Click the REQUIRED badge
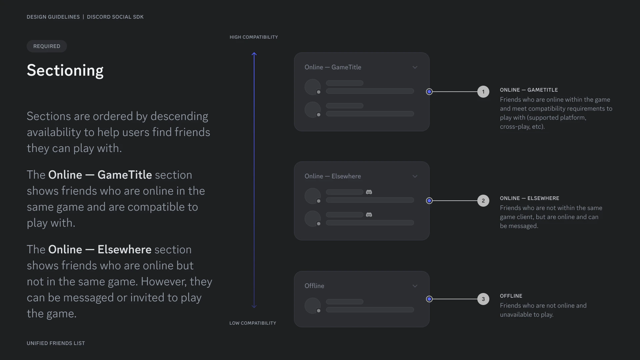[x=47, y=46]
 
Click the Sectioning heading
[x=65, y=71]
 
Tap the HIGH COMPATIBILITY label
[x=254, y=37]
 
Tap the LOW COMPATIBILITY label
[x=253, y=323]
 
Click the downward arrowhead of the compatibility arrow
[x=254, y=306]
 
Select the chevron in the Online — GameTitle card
[x=415, y=67]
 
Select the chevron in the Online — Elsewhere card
[x=415, y=176]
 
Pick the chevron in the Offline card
[x=415, y=286]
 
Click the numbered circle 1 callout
[x=483, y=92]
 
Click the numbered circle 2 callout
[x=483, y=201]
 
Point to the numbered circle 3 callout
[x=483, y=299]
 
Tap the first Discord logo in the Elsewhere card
[x=369, y=192]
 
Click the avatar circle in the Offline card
[x=313, y=306]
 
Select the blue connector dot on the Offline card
[x=429, y=299]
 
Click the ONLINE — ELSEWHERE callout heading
[x=530, y=198]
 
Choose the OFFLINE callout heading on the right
[x=511, y=296]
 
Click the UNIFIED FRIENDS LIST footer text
[x=56, y=343]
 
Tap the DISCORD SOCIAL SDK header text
[x=115, y=17]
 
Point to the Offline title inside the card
[x=314, y=286]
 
